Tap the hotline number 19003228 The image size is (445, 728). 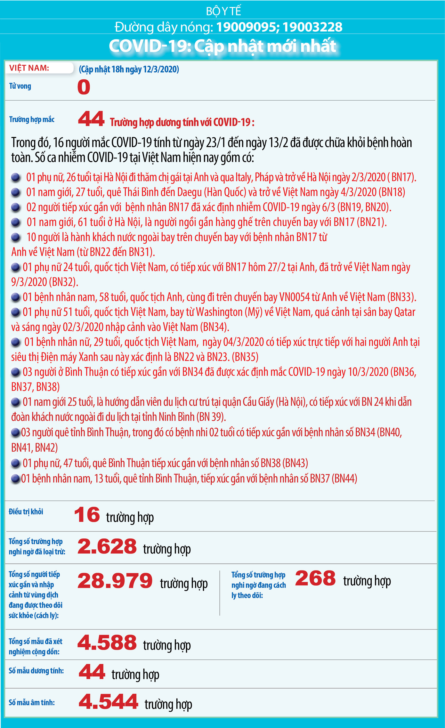[312, 27]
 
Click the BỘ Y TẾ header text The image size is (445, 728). [223, 11]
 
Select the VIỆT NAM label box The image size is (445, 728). [39, 68]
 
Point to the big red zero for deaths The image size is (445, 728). [84, 87]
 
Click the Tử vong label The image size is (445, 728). [20, 86]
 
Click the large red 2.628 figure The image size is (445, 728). [107, 546]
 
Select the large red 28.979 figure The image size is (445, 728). [115, 581]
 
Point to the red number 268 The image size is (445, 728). [315, 578]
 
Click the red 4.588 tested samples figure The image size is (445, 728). [107, 643]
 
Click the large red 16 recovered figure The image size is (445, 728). [87, 515]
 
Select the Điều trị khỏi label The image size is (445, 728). [26, 512]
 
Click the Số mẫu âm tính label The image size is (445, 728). [32, 702]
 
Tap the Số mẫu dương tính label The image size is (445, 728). [36, 671]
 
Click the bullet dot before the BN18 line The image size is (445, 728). [16, 192]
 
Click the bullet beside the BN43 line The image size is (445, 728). [16, 463]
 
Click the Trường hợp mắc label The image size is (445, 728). [32, 119]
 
